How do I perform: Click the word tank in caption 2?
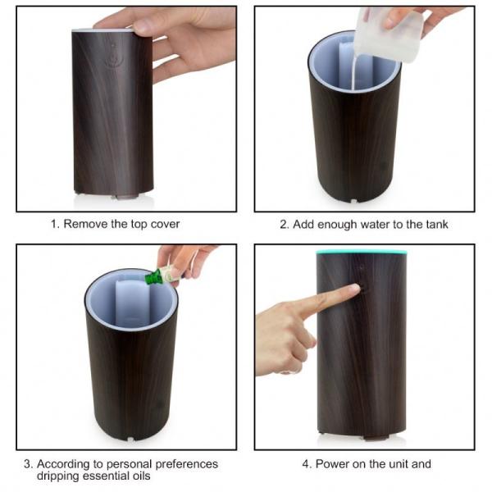click(436, 224)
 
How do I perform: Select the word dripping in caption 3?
click(61, 476)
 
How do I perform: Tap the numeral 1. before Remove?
click(55, 224)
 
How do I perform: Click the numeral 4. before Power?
click(307, 463)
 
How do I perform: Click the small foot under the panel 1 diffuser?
click(125, 196)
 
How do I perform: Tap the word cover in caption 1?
click(165, 224)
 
